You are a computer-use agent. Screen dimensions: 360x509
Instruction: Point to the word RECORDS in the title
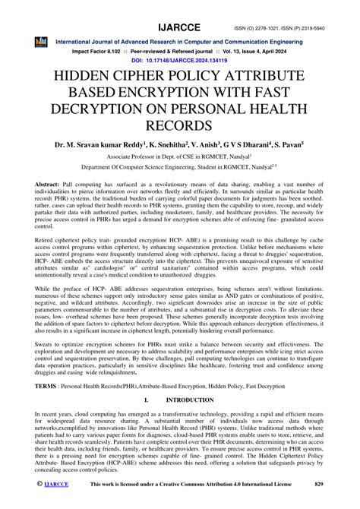coord(179,130)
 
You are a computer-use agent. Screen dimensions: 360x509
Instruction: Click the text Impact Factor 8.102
coord(99,48)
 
